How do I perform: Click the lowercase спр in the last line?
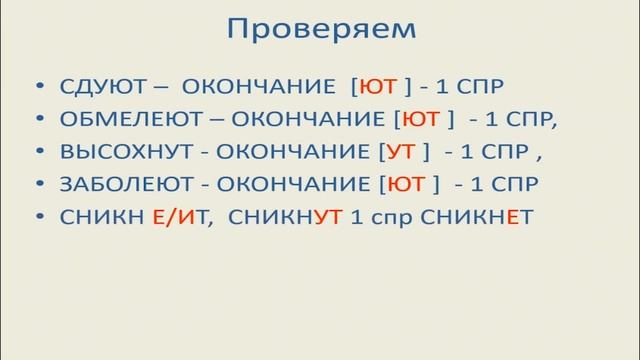pyautogui.click(x=381, y=217)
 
